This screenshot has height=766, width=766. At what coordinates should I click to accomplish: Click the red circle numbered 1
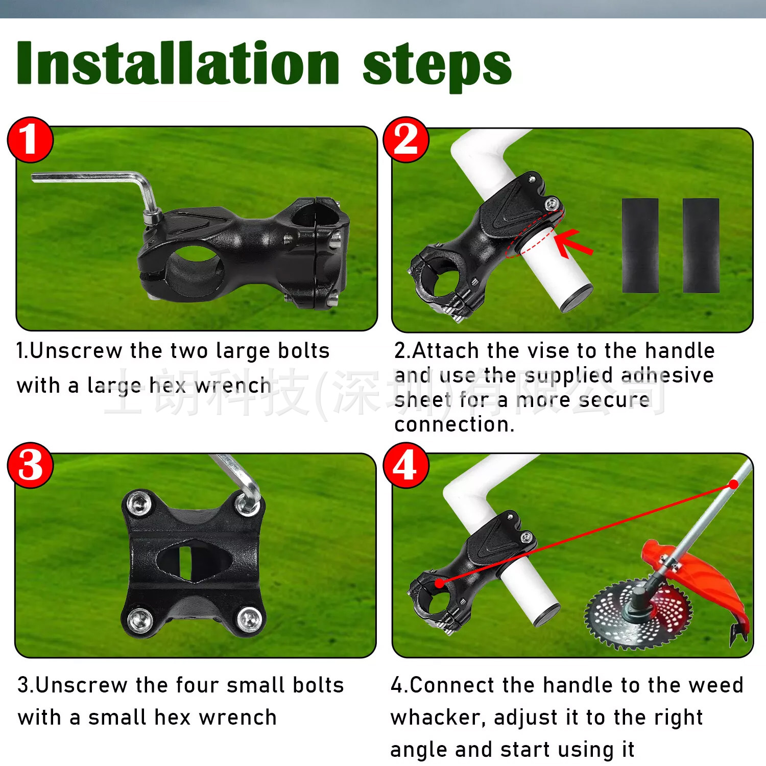[30, 139]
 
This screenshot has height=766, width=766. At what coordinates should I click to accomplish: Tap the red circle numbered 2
[406, 139]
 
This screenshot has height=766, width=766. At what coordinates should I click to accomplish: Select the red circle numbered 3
[30, 465]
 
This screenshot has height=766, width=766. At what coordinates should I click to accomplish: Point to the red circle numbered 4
[406, 465]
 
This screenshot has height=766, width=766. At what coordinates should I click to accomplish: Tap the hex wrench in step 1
[97, 192]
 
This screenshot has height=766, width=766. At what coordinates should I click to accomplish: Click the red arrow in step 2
[573, 243]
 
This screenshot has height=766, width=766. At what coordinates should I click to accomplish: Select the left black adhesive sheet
[640, 245]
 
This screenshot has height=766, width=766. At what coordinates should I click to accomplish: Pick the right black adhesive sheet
[701, 245]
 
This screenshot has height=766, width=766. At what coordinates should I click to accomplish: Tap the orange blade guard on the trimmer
[700, 582]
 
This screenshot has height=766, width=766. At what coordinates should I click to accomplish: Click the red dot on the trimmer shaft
[733, 484]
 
